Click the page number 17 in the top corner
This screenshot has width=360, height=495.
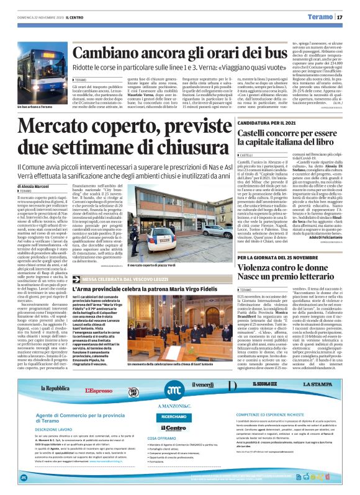pos(349,17)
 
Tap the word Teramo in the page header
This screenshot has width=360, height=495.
pos(326,17)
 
